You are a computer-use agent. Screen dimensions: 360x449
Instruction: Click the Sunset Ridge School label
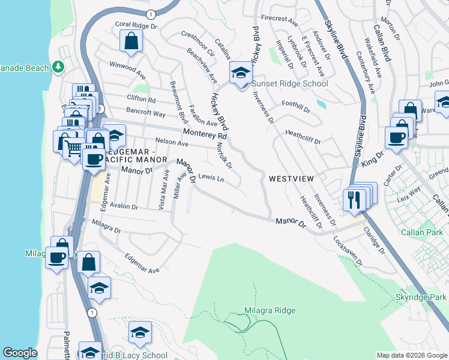pyautogui.click(x=290, y=84)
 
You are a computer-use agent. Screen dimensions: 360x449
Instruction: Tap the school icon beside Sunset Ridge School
pyautogui.click(x=241, y=73)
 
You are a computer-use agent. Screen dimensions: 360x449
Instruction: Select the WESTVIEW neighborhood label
pyautogui.click(x=292, y=179)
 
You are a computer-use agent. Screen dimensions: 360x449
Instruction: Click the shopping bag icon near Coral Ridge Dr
pyautogui.click(x=131, y=42)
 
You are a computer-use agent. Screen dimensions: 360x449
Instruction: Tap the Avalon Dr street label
pyautogui.click(x=123, y=207)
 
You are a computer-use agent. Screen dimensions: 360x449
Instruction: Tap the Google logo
pyautogui.click(x=20, y=353)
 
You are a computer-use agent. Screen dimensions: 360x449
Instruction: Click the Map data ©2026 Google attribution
pyautogui.click(x=412, y=355)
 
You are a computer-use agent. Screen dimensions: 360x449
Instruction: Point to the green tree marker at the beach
pyautogui.click(x=59, y=67)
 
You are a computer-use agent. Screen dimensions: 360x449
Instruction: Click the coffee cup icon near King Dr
pyautogui.click(x=396, y=137)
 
